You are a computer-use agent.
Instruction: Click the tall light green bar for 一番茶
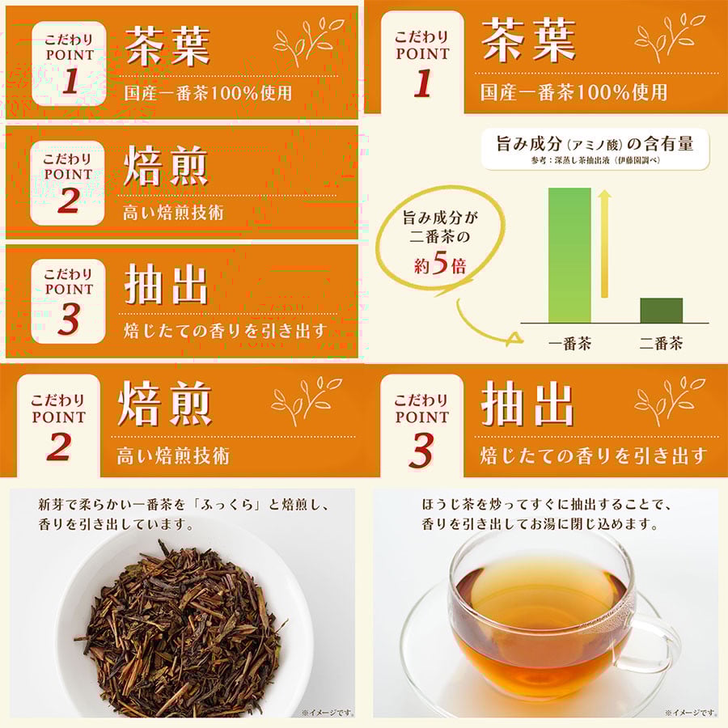pos(569,255)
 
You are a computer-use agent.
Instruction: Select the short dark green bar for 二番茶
pos(661,311)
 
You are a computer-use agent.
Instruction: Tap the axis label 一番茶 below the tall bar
pos(569,343)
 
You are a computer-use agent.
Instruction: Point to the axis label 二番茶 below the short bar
pos(661,343)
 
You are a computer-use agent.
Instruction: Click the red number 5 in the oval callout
pos(439,265)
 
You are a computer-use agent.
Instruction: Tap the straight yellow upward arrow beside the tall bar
pos(603,243)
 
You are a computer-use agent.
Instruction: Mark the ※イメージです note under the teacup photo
pos(690,713)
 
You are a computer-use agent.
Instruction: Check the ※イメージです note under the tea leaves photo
pos(327,713)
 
